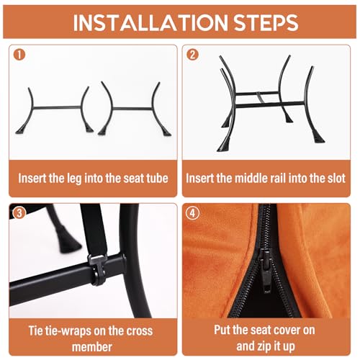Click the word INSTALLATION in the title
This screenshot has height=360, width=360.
click(x=150, y=23)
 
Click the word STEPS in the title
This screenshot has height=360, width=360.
click(x=266, y=23)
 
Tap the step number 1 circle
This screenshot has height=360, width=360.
click(x=19, y=55)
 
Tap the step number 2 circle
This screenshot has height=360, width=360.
click(x=192, y=55)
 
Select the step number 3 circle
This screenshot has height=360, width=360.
click(x=19, y=213)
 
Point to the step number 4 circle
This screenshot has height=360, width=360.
click(x=192, y=213)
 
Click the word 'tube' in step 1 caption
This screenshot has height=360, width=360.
click(x=158, y=178)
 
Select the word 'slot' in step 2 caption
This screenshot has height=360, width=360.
click(x=337, y=178)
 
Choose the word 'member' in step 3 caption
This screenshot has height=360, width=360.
click(x=92, y=347)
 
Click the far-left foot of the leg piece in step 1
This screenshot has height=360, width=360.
click(x=20, y=131)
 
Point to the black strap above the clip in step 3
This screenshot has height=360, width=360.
click(x=94, y=228)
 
